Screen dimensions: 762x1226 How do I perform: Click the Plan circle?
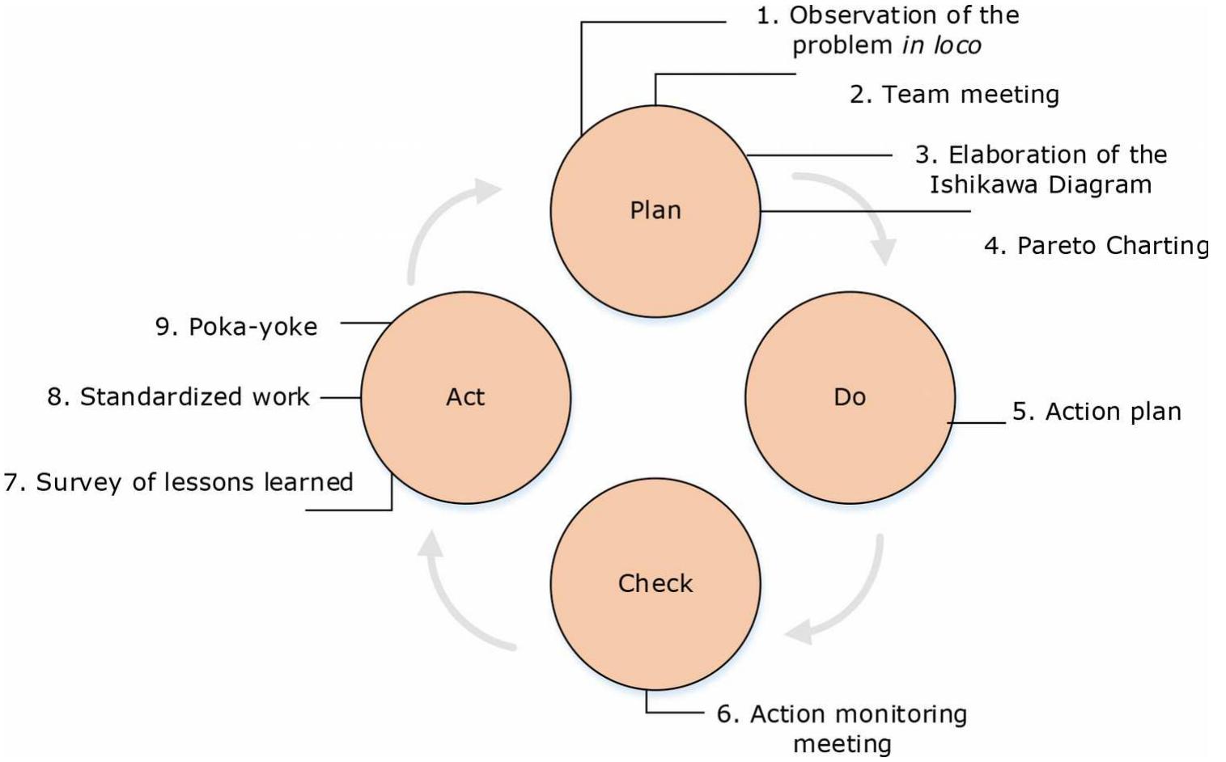(x=655, y=243)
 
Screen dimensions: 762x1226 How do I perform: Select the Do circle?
(x=850, y=437)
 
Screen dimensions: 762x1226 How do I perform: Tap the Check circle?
(x=655, y=623)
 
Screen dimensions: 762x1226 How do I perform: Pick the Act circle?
(x=465, y=437)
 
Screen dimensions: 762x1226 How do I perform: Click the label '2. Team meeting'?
(x=954, y=95)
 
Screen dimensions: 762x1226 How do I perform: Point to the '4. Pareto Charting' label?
(x=1096, y=245)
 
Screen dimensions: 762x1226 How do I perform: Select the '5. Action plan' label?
(x=1097, y=412)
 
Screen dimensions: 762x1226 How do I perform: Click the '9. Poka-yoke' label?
(x=236, y=327)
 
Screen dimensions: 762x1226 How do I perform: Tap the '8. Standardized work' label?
(x=178, y=397)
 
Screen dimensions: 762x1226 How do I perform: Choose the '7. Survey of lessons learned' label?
(x=179, y=482)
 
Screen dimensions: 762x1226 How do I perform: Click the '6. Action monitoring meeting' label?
(x=842, y=728)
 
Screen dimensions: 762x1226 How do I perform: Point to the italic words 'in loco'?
(x=941, y=45)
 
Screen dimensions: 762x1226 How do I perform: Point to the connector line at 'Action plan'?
(x=977, y=422)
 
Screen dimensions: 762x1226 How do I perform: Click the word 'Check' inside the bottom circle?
(x=655, y=583)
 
